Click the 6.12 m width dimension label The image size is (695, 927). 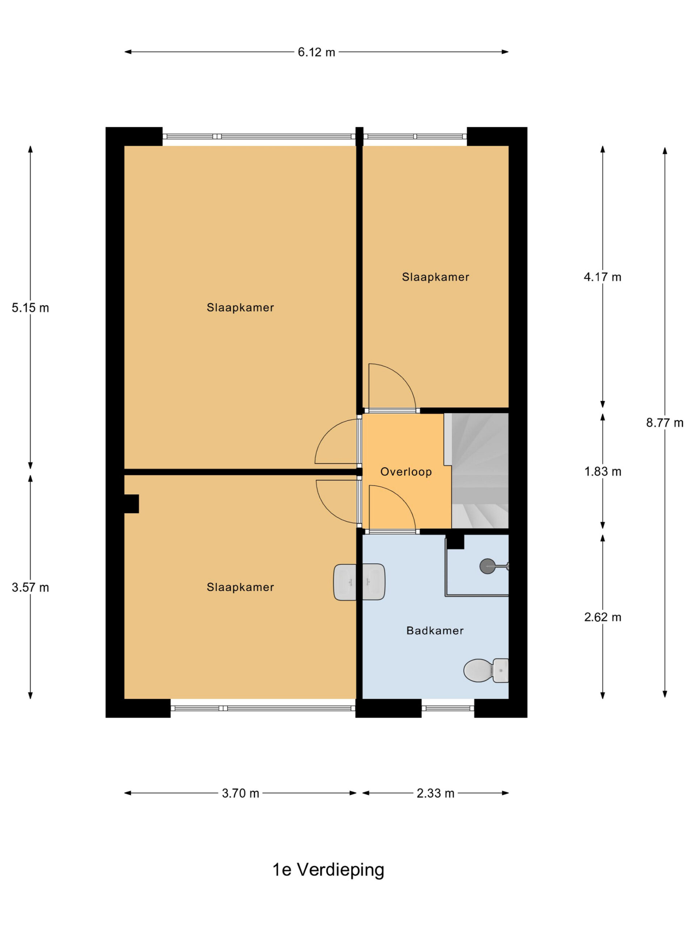click(x=316, y=52)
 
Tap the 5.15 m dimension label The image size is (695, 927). click(x=30, y=308)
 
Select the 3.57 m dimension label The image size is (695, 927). click(x=30, y=588)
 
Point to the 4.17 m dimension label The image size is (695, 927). click(x=602, y=277)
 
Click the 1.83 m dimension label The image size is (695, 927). click(x=602, y=471)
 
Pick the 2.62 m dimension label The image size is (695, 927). click(x=602, y=617)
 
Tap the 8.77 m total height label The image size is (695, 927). click(x=665, y=423)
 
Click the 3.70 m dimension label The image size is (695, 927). click(x=240, y=793)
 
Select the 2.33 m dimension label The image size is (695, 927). click(x=435, y=793)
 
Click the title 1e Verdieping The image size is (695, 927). click(x=328, y=870)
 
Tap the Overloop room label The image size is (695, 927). click(x=406, y=472)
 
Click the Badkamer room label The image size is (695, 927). click(x=435, y=630)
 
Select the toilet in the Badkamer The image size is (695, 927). click(x=486, y=671)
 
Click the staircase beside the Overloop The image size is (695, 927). click(x=480, y=471)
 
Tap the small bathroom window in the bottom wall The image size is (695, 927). click(x=447, y=708)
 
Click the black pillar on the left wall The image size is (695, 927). click(x=131, y=504)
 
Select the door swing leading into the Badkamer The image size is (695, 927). click(x=392, y=508)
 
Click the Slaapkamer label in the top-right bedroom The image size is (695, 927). click(x=435, y=277)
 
